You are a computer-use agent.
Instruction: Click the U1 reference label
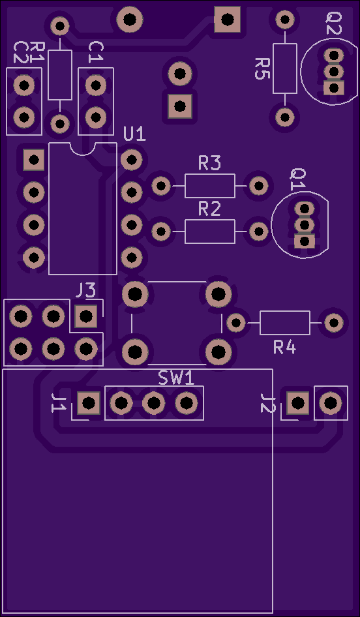[134, 134]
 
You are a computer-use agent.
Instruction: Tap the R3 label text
[209, 163]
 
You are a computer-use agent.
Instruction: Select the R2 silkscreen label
[209, 210]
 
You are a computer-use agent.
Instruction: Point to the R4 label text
[285, 348]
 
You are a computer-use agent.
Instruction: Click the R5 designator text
[262, 68]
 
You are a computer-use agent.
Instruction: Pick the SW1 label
[177, 378]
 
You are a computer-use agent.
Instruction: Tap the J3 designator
[86, 291]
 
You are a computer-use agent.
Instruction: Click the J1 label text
[59, 402]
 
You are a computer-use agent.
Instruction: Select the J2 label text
[268, 402]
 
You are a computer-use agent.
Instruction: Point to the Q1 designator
[298, 180]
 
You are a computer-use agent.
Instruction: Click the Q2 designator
[334, 23]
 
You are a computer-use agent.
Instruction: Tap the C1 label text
[95, 52]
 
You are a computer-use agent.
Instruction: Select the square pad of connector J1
[89, 403]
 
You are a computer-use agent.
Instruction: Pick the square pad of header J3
[86, 316]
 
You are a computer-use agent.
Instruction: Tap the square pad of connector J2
[298, 403]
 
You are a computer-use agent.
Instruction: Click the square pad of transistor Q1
[305, 241]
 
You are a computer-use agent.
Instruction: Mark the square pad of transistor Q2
[334, 88]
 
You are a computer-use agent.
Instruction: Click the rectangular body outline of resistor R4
[285, 311]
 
